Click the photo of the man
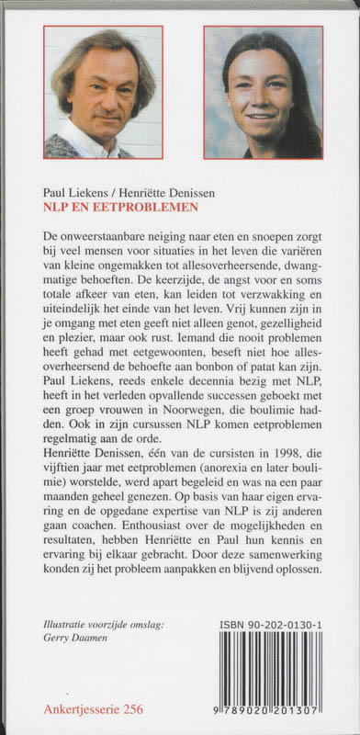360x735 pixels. point(103,92)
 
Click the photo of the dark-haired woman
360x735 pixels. point(263,92)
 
